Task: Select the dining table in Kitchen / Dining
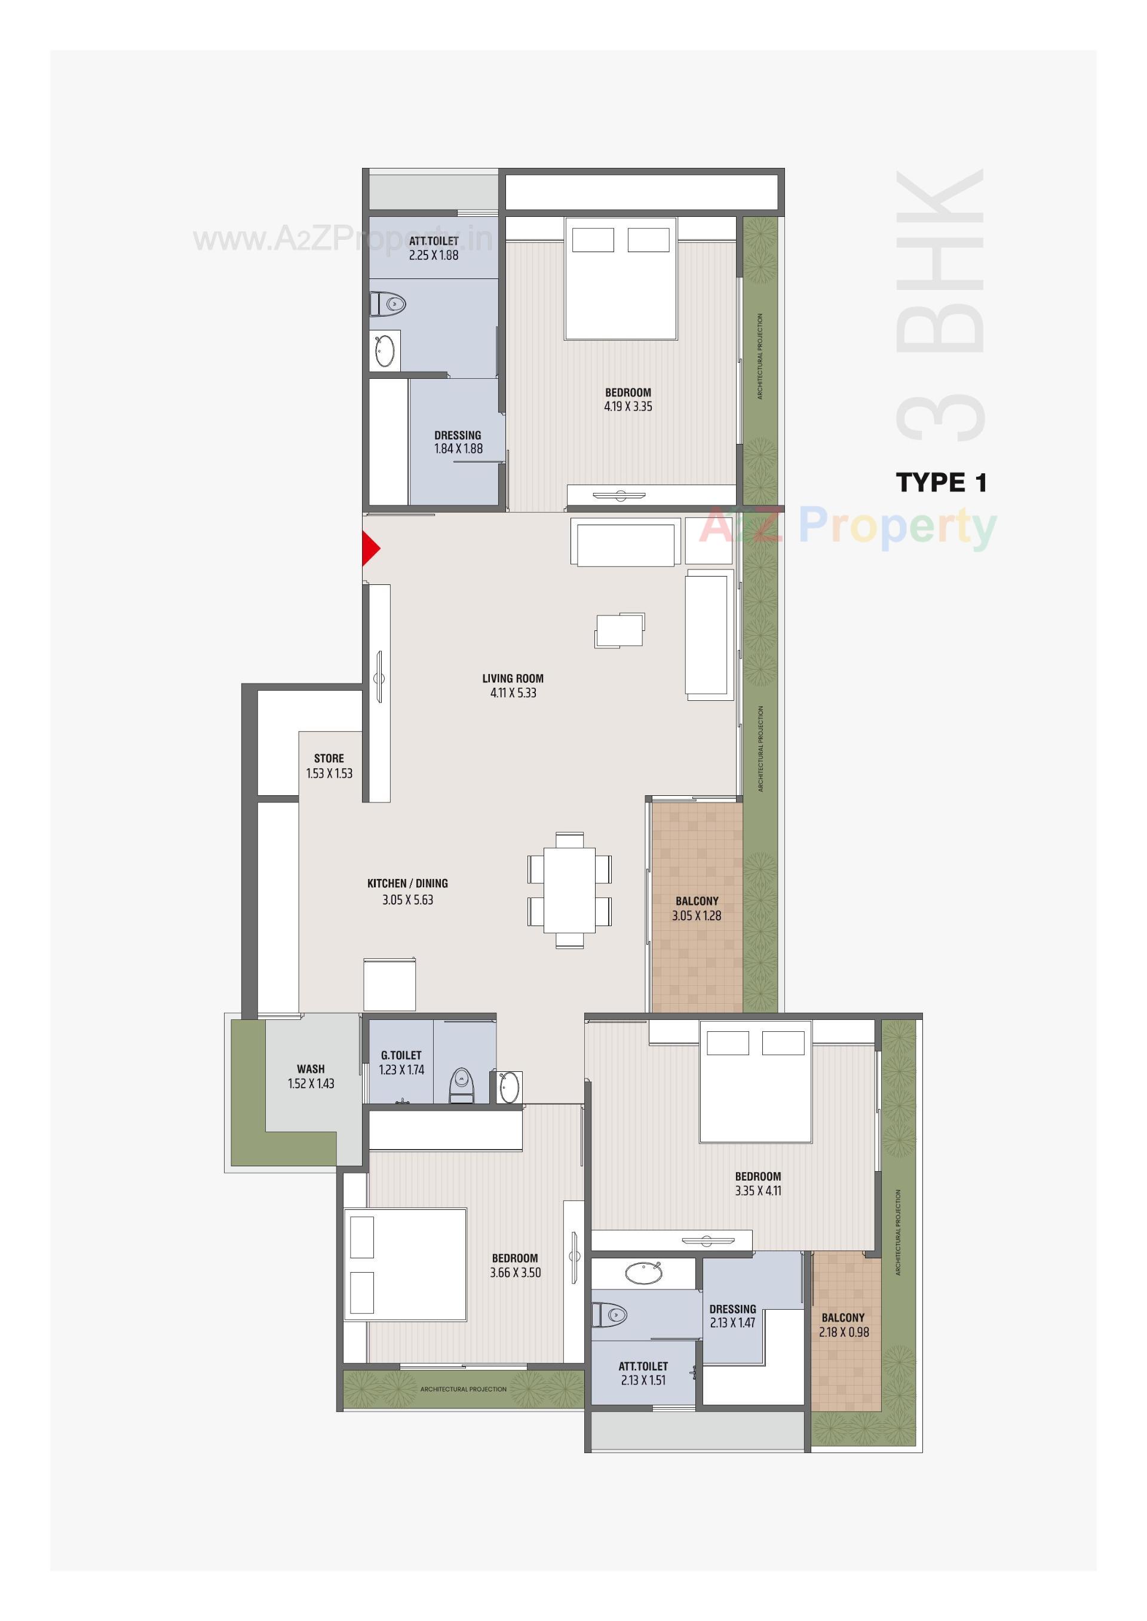click(x=569, y=889)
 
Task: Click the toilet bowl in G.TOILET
click(x=461, y=1084)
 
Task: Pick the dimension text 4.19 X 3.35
click(x=628, y=407)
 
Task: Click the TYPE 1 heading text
click(x=941, y=483)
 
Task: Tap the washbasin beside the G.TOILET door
click(x=510, y=1087)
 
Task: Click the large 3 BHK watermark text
click(x=939, y=304)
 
